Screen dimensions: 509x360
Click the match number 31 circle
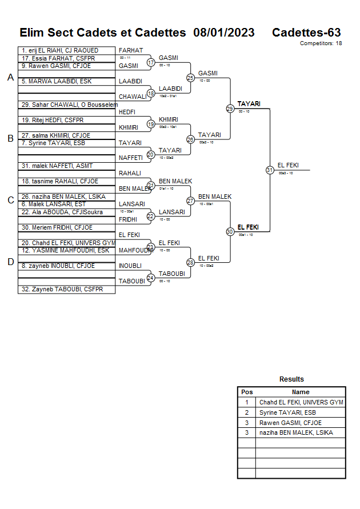point(270,170)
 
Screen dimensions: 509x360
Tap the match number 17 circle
point(151,62)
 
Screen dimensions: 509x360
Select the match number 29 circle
point(230,109)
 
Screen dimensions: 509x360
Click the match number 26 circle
point(190,139)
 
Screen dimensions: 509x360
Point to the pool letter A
point(10,78)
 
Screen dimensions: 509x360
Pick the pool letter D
point(10,262)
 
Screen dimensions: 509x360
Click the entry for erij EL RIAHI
point(59,51)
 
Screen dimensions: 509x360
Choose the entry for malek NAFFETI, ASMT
point(57,166)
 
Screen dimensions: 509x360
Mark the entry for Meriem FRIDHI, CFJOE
point(57,228)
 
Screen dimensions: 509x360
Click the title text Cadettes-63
point(306,33)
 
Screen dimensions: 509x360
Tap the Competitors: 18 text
point(321,43)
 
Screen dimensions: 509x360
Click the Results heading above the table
point(291,379)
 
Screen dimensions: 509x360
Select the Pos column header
point(247,392)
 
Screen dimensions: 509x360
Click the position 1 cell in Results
point(247,402)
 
